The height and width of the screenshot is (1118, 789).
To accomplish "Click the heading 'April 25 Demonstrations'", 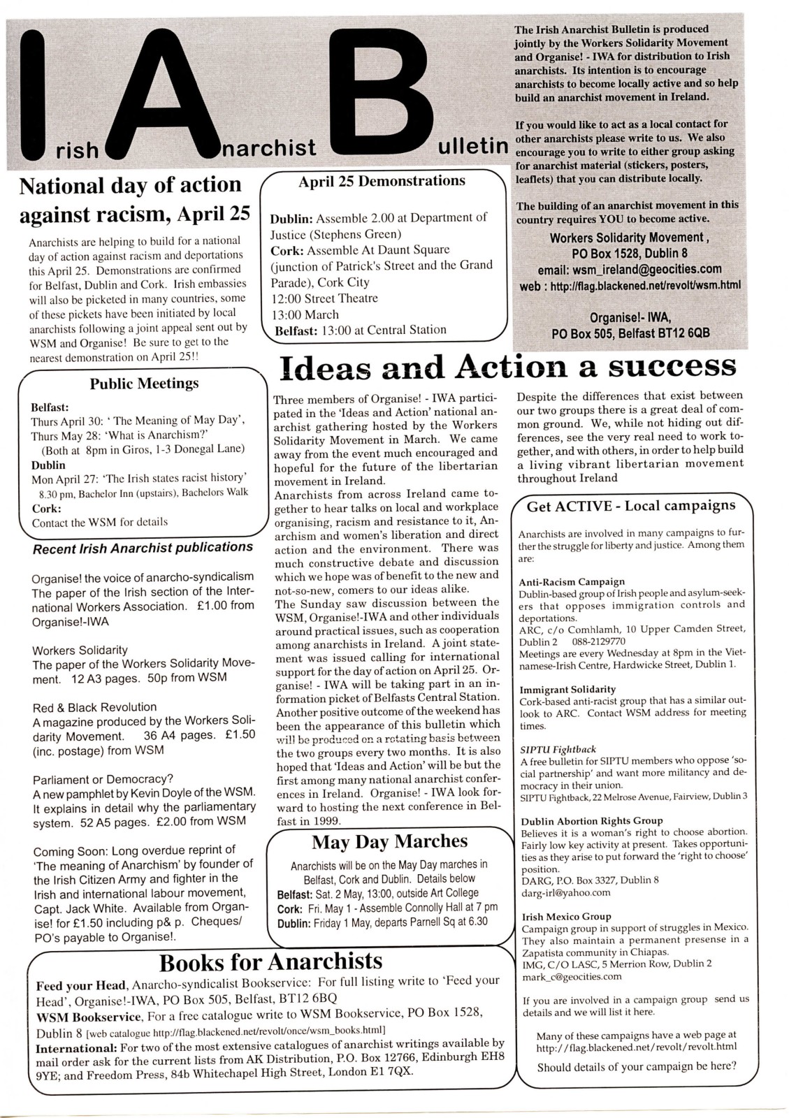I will [x=382, y=181].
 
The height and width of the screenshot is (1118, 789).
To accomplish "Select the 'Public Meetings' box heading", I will [x=144, y=384].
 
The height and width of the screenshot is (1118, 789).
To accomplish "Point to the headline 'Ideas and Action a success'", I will [x=508, y=367].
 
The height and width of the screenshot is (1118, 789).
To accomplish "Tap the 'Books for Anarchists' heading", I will [x=271, y=962].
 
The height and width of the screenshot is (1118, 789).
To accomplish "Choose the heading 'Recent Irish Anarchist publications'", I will [x=143, y=548].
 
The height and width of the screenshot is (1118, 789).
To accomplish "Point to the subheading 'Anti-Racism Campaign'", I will [x=572, y=581].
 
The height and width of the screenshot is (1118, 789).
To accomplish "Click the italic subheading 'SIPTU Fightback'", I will [x=558, y=750].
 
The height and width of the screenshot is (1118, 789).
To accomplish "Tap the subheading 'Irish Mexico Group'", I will [x=566, y=916].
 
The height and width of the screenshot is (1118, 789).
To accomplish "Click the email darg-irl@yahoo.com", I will [x=565, y=892].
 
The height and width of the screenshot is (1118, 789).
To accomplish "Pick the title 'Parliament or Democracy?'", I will [x=103, y=779].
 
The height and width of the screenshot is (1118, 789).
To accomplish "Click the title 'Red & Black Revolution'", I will [x=94, y=707].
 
